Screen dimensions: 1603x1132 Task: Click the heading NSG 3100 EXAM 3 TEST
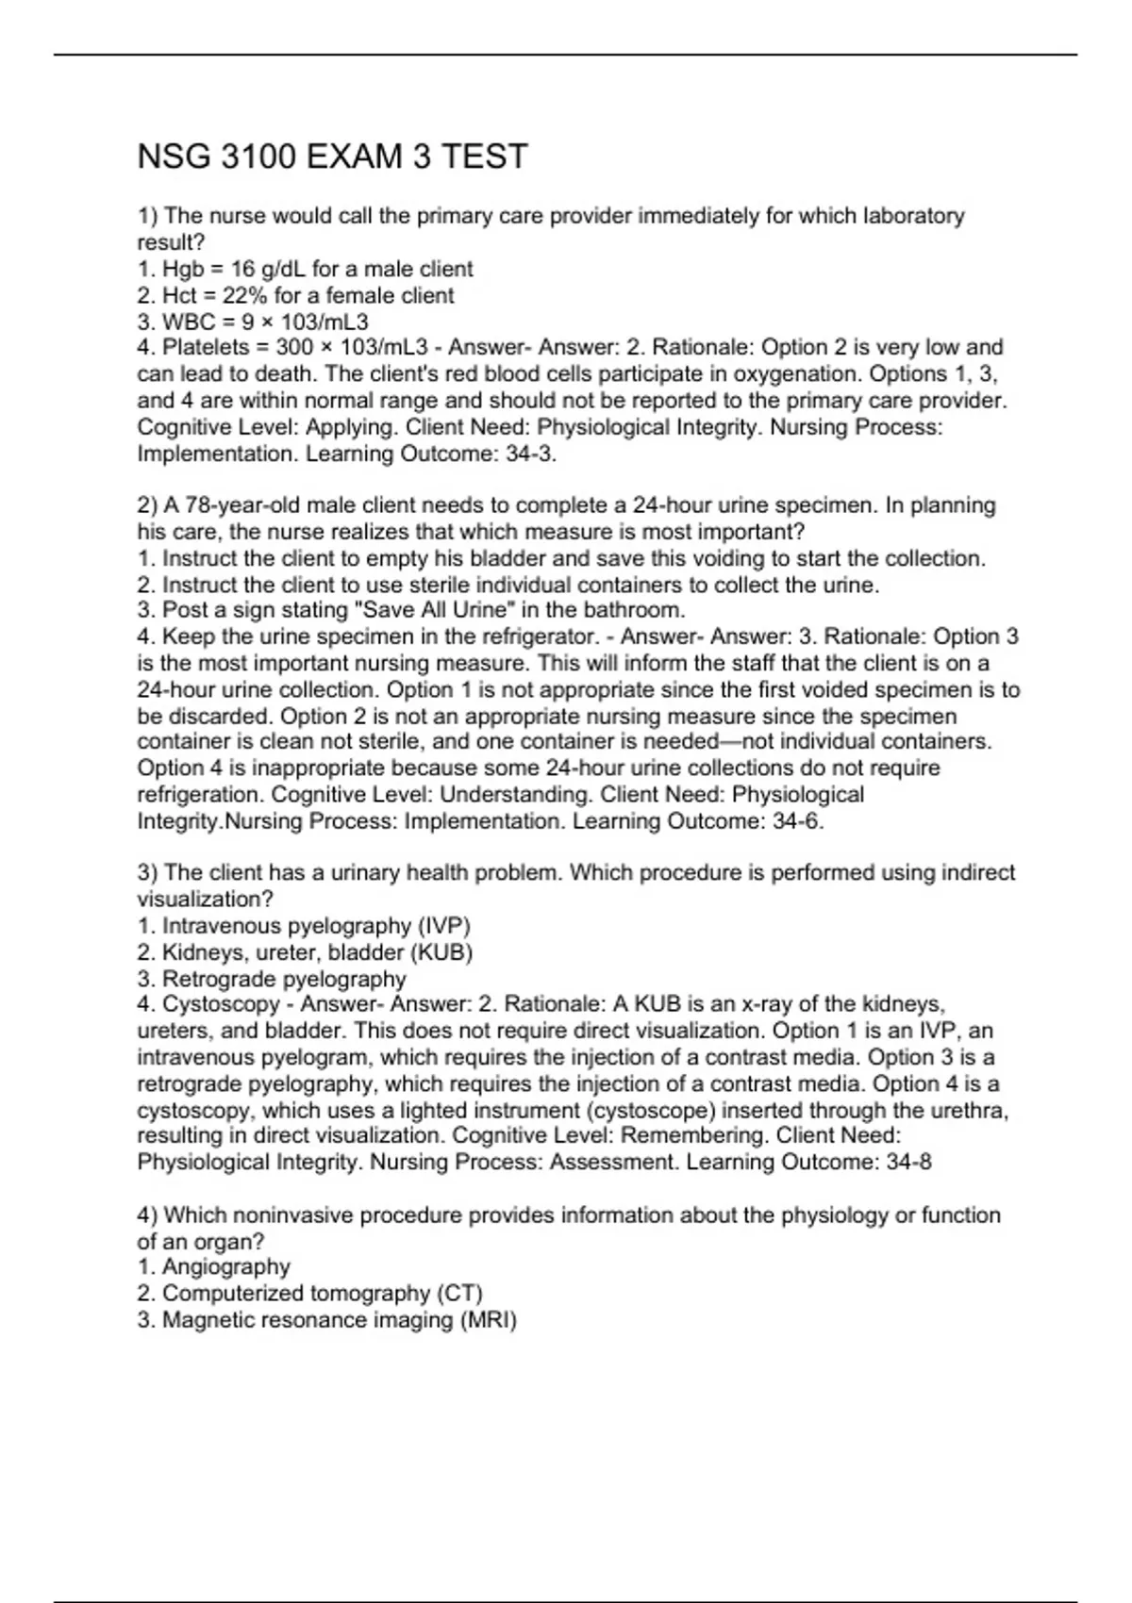pos(332,157)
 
